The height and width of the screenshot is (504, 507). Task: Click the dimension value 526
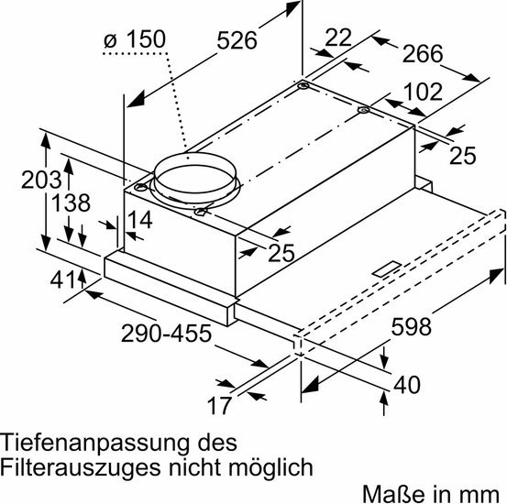pyautogui.click(x=237, y=40)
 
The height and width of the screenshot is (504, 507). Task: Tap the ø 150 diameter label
pyautogui.click(x=135, y=39)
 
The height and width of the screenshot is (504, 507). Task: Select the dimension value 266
pyautogui.click(x=423, y=54)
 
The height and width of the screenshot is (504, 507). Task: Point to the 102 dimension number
pyautogui.click(x=423, y=92)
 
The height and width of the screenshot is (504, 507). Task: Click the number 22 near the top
pyautogui.click(x=338, y=38)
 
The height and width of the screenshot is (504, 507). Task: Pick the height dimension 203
pyautogui.click(x=41, y=180)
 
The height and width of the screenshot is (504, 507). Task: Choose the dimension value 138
pyautogui.click(x=71, y=203)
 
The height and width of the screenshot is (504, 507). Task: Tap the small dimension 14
pyautogui.click(x=140, y=220)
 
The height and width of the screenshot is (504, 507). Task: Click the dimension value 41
pyautogui.click(x=63, y=280)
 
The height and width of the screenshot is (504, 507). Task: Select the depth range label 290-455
pyautogui.click(x=166, y=334)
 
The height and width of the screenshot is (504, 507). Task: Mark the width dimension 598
pyautogui.click(x=411, y=327)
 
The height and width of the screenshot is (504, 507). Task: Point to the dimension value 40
pyautogui.click(x=407, y=385)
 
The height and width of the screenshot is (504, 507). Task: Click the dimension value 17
pyautogui.click(x=219, y=406)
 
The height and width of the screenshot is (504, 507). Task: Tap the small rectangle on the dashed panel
pyautogui.click(x=387, y=269)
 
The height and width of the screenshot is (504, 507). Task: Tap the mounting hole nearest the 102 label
pyautogui.click(x=364, y=110)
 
